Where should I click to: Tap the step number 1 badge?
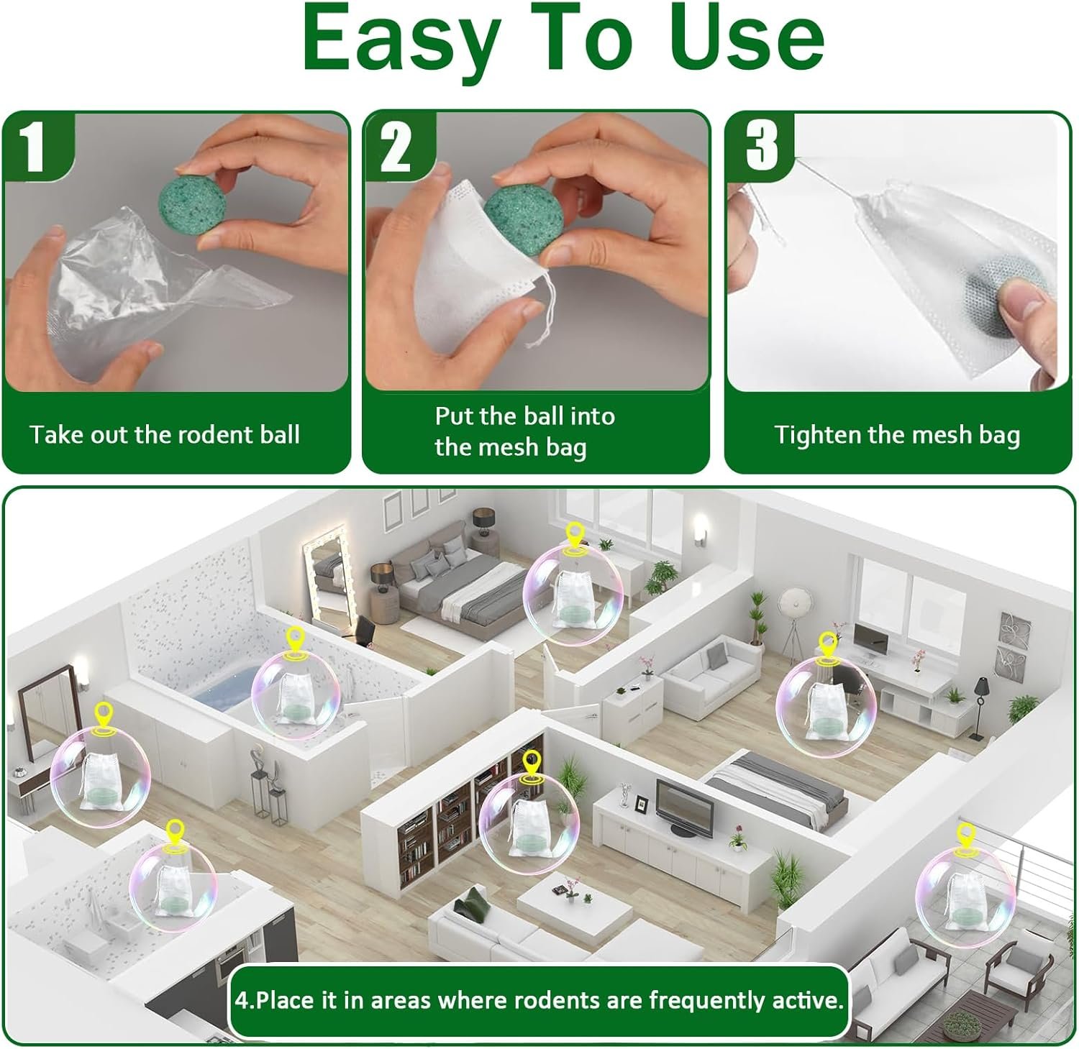coord(35,147)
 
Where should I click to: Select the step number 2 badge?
coord(396,147)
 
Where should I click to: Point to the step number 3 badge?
coord(761,144)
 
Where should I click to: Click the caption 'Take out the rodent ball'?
coord(165,435)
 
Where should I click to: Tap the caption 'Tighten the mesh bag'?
coord(897,435)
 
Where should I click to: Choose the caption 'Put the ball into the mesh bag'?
coord(524,431)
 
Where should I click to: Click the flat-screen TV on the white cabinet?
coord(683,809)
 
